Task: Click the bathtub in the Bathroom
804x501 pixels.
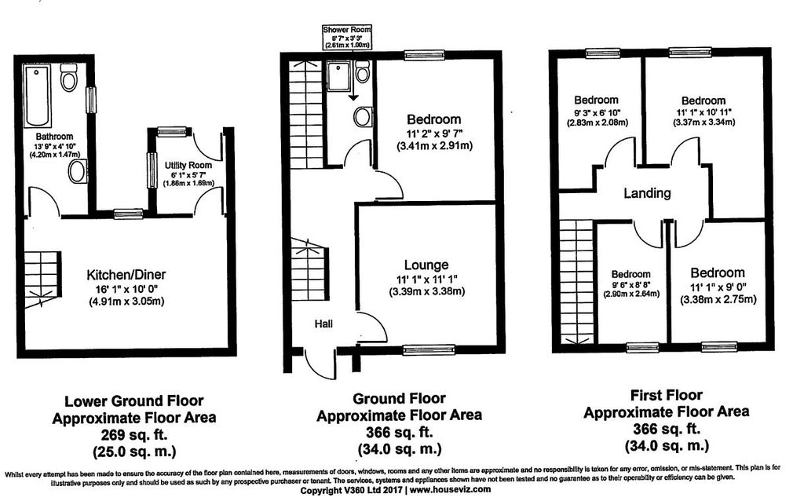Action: (37, 97)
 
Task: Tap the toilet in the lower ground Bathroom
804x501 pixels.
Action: (69, 79)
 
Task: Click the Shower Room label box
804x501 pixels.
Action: (346, 37)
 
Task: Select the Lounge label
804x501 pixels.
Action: (426, 265)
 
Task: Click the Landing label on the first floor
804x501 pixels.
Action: (647, 193)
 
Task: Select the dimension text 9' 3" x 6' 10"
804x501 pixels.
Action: (596, 112)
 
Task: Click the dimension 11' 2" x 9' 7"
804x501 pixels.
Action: (434, 133)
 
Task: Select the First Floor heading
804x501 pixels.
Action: (667, 396)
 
